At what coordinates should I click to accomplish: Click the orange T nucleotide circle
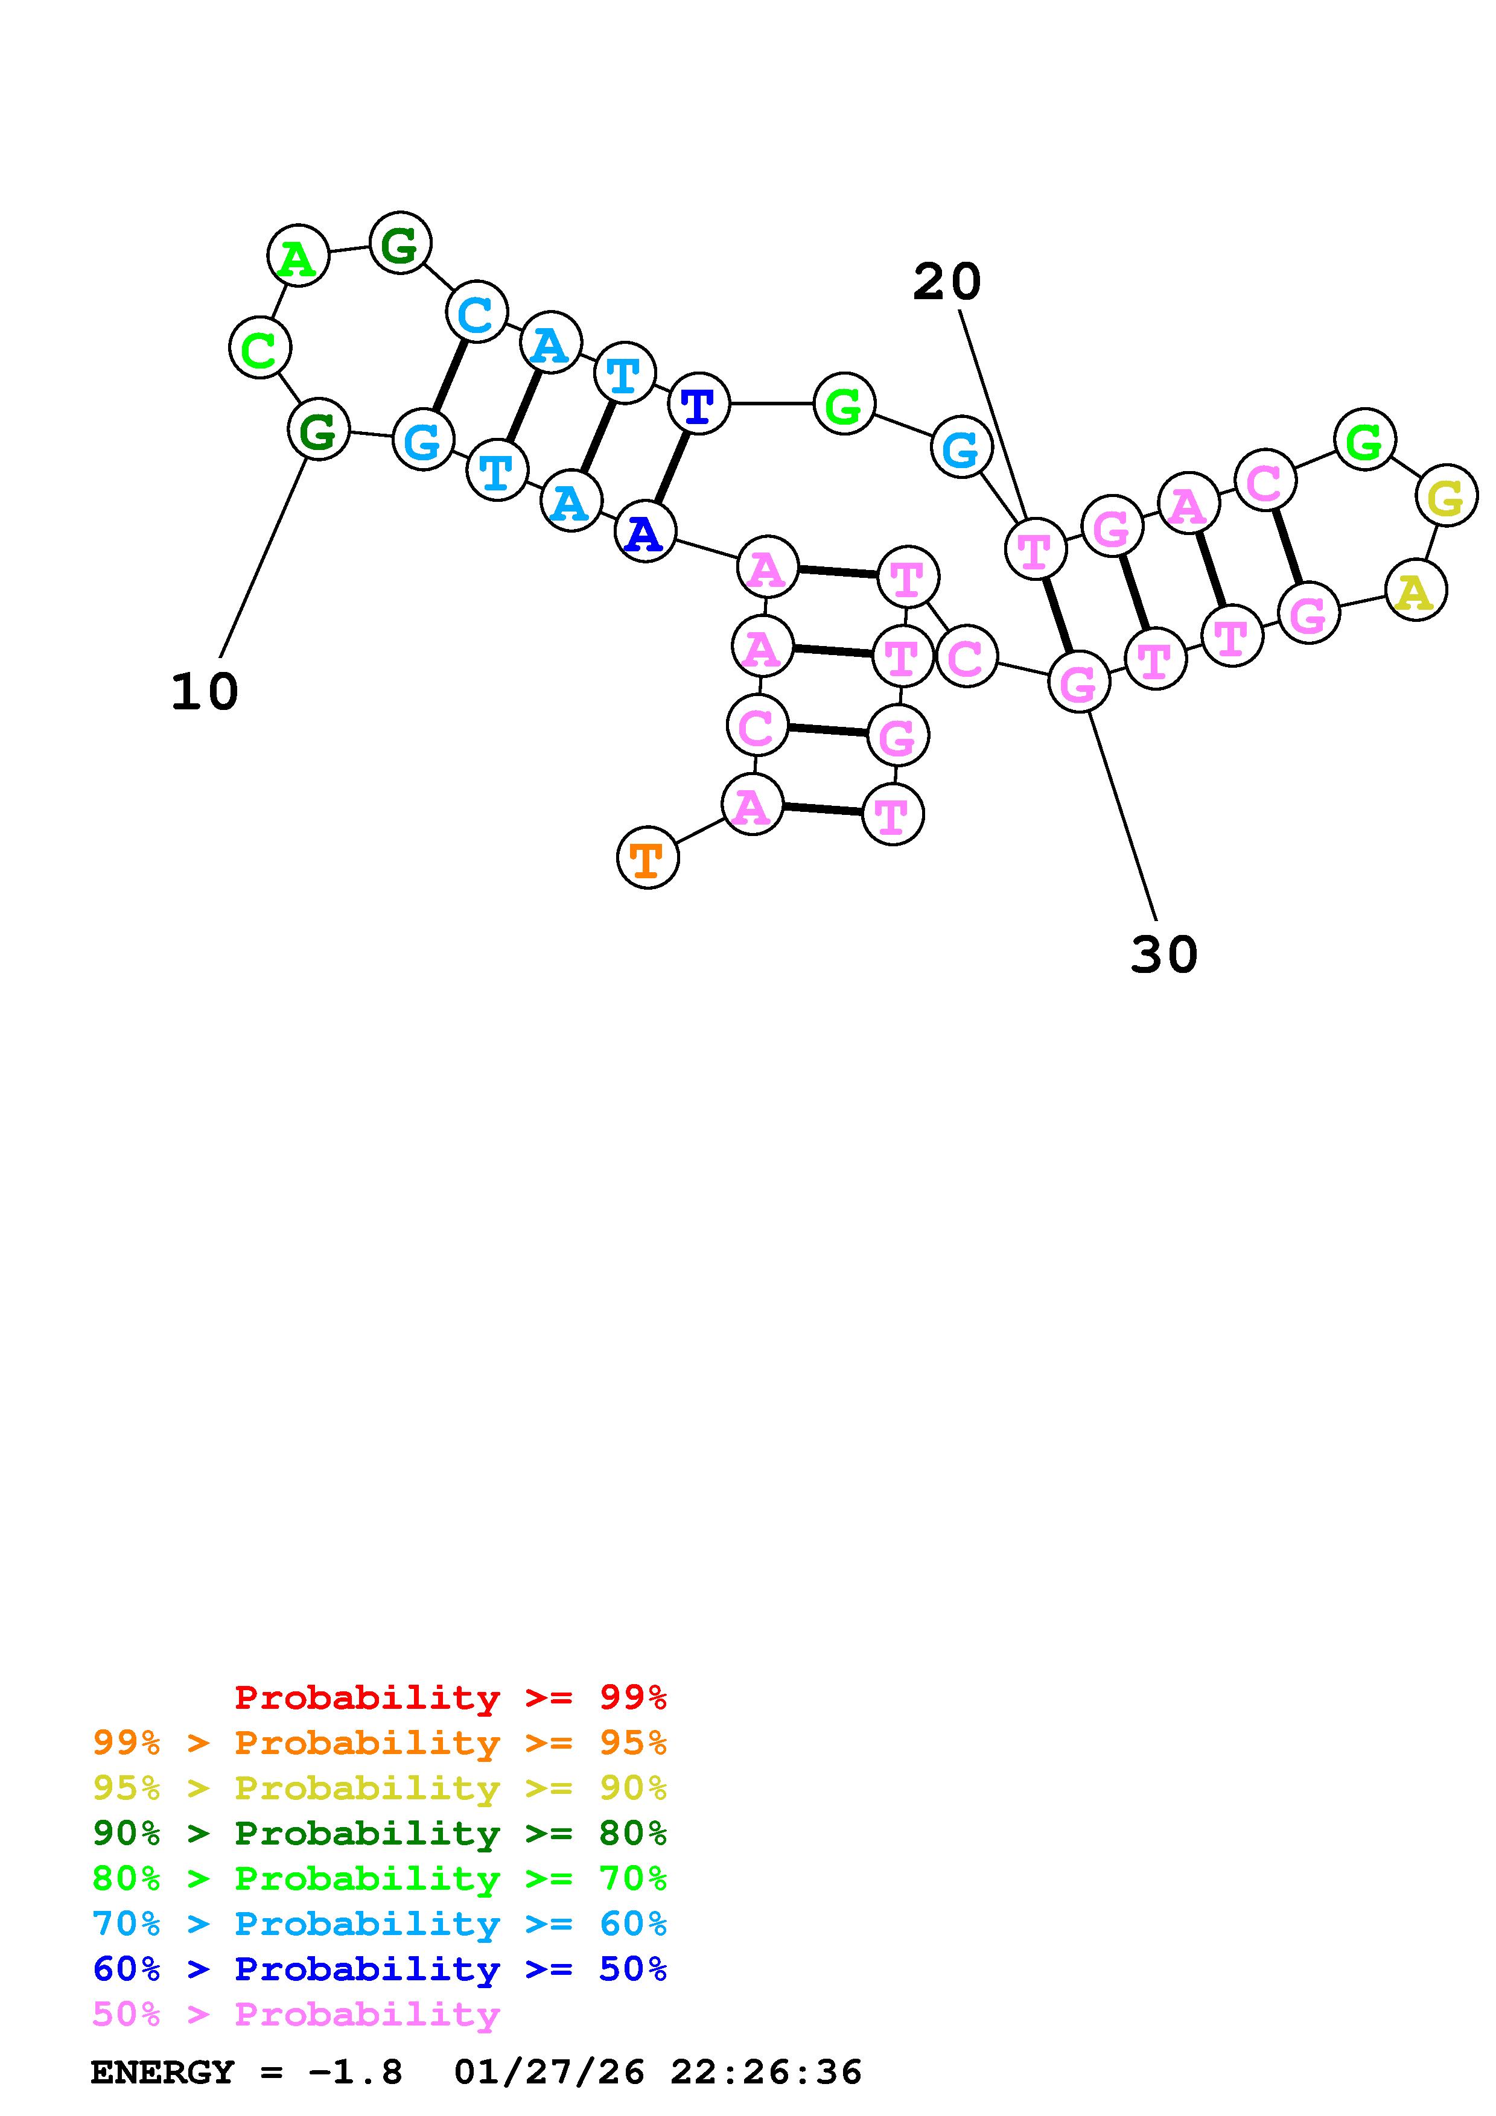click(647, 858)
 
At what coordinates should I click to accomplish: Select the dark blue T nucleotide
click(698, 404)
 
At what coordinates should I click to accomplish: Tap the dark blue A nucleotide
click(645, 532)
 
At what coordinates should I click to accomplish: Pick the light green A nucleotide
click(298, 256)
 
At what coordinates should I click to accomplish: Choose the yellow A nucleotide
click(1415, 591)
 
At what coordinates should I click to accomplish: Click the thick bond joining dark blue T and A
click(672, 467)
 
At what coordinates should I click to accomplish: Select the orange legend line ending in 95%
click(380, 1743)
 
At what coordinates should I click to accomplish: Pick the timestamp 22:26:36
click(766, 2073)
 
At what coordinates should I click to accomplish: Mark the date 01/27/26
click(549, 2073)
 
